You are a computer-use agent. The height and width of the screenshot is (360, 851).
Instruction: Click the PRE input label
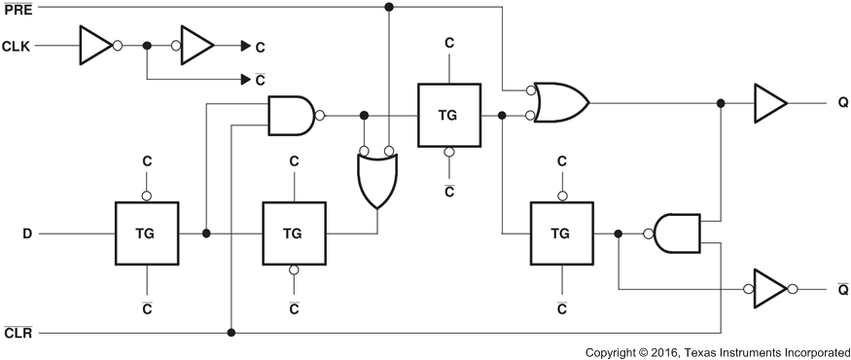(x=18, y=8)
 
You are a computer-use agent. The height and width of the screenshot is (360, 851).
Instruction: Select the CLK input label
(x=18, y=46)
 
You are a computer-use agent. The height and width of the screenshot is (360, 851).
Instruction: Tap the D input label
(x=28, y=234)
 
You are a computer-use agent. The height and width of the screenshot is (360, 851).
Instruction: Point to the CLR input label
(x=18, y=333)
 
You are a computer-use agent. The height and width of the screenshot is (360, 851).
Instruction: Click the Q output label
(x=842, y=102)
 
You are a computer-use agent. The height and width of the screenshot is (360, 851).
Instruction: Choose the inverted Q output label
(x=842, y=289)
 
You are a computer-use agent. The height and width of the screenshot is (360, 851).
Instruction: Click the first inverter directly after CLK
(x=94, y=45)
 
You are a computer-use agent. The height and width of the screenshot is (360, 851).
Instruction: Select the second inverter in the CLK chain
(x=197, y=45)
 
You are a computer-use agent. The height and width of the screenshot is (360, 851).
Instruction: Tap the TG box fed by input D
(x=147, y=234)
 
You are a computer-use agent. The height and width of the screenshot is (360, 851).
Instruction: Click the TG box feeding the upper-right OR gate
(x=447, y=115)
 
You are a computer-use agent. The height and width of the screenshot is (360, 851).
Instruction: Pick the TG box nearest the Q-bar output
(x=560, y=234)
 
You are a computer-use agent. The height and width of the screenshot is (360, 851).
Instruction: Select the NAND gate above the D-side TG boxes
(x=291, y=115)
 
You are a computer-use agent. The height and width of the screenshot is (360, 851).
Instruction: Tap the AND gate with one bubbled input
(x=676, y=234)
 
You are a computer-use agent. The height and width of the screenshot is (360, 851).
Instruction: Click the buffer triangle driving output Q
(x=769, y=102)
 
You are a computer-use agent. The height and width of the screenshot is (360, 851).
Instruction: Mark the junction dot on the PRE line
(x=389, y=8)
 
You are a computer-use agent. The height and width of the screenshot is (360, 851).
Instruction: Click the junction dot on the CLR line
(x=231, y=333)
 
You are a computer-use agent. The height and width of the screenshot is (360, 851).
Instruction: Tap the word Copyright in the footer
(x=618, y=350)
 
